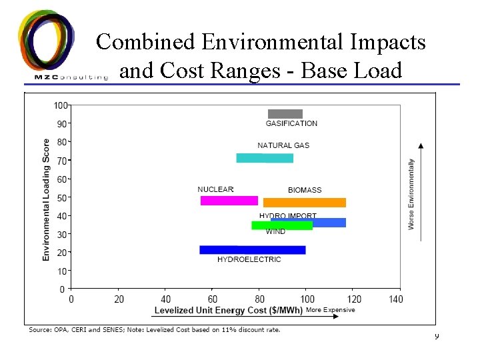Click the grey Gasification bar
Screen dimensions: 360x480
[x=285, y=114]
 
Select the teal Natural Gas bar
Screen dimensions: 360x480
[x=265, y=158]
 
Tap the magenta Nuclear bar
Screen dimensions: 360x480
[x=229, y=201]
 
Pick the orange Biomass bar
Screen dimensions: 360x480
[x=305, y=203]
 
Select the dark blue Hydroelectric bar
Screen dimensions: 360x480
[x=252, y=250]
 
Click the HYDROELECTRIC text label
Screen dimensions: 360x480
[x=249, y=260]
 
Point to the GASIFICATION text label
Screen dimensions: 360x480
[x=291, y=123]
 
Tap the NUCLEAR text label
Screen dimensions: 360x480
[x=215, y=189]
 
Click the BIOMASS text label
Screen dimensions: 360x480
[x=305, y=190]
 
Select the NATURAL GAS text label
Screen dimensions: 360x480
[x=283, y=145]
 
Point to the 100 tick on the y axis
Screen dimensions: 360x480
[x=60, y=105]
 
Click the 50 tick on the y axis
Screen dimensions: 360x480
[x=61, y=198]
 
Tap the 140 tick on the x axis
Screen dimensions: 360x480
[x=396, y=299]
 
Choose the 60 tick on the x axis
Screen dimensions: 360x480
[x=213, y=299]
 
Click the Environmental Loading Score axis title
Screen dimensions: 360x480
[x=46, y=199]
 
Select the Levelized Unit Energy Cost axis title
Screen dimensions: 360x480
[x=228, y=310]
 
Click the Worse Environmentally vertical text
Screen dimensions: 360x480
[x=411, y=194]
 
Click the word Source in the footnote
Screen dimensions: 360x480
[x=39, y=329]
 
